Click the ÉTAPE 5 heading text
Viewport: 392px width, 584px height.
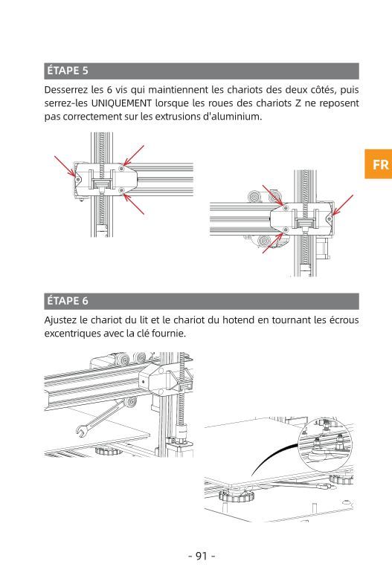68,71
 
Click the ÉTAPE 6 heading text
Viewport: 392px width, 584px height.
68,301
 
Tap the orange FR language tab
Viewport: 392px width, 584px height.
378,164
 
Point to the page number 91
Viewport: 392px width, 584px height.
202,556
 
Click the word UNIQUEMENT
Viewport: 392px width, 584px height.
121,103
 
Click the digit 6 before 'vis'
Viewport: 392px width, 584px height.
109,90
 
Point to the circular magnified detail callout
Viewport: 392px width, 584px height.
325,444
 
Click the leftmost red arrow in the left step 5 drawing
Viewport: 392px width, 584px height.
65,166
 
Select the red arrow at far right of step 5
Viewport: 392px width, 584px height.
342,205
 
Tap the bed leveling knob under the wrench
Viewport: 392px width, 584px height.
108,451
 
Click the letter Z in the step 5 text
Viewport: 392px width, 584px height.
298,103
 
